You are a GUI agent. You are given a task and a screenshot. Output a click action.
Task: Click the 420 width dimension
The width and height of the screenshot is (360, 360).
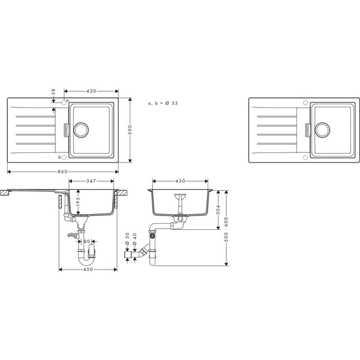[92, 92]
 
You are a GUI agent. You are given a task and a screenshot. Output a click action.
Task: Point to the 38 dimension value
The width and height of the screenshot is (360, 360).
[53, 93]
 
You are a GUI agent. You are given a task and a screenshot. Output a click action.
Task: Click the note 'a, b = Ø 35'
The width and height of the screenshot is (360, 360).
[163, 104]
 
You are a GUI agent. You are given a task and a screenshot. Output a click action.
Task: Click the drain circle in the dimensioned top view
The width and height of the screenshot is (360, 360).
[82, 129]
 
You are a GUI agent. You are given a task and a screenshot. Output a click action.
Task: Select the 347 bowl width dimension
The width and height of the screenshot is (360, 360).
[92, 180]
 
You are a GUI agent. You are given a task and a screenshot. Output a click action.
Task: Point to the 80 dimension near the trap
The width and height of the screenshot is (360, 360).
[88, 242]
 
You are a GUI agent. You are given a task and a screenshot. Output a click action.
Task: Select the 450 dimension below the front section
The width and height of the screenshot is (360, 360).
[88, 269]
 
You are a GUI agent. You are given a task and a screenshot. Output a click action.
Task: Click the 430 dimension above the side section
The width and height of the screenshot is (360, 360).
[180, 181]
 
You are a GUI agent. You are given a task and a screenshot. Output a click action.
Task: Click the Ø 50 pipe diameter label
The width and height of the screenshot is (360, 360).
[127, 238]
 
